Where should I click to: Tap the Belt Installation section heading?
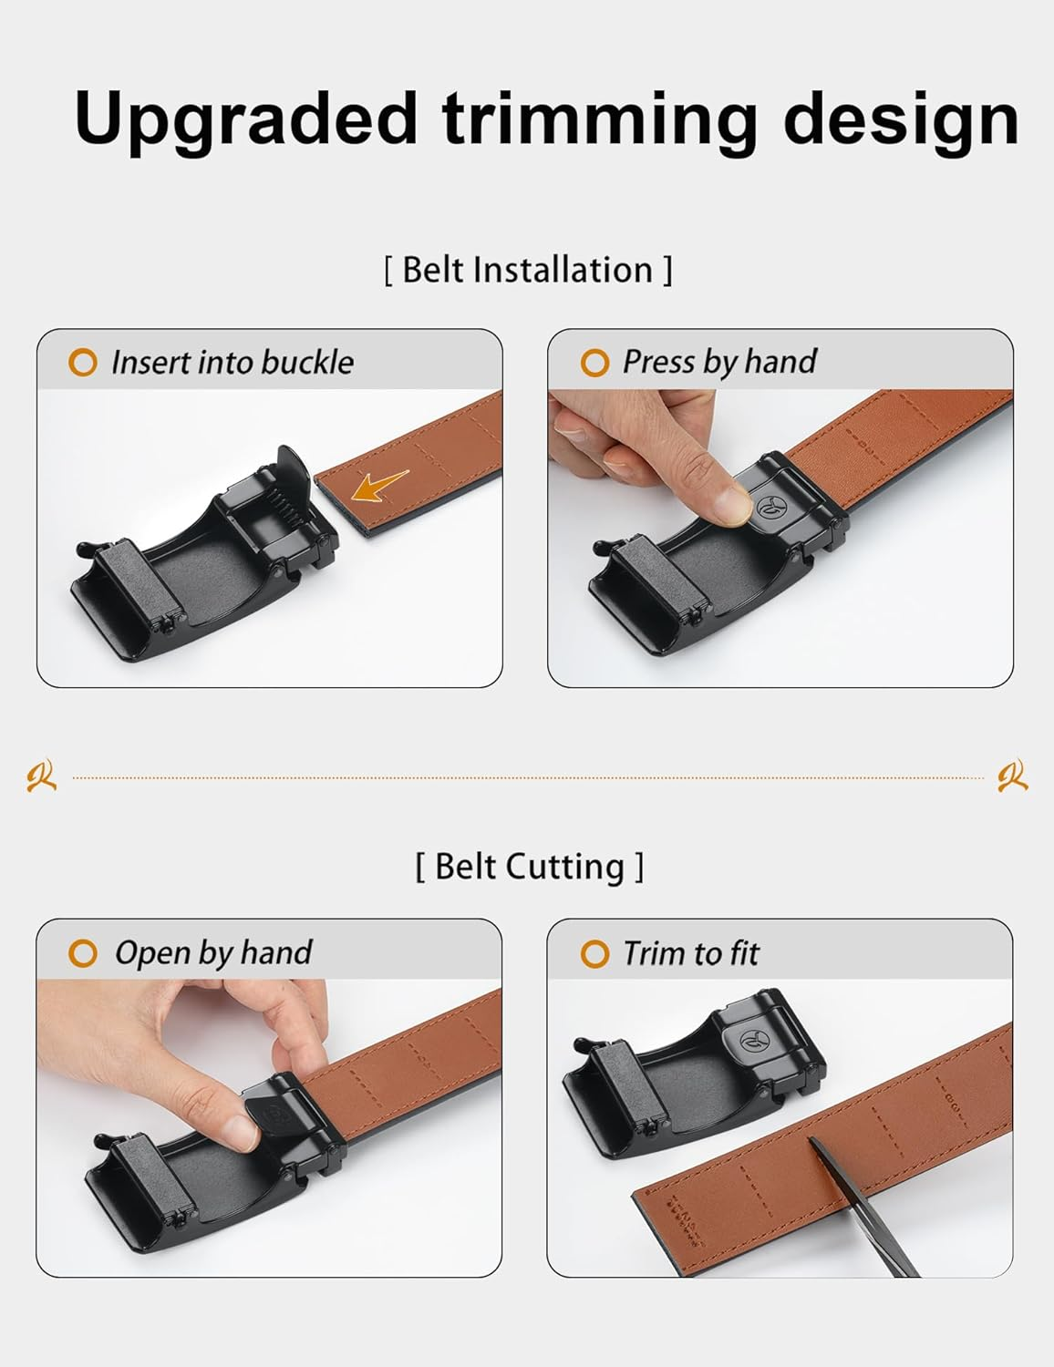(527, 271)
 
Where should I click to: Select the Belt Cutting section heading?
(529, 866)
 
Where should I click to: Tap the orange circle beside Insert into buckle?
(82, 363)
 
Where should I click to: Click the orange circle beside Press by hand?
(594, 363)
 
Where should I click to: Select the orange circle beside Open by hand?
(82, 954)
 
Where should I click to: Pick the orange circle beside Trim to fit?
(594, 954)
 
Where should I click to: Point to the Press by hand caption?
(718, 362)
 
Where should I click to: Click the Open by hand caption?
(212, 953)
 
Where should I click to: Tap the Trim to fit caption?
(690, 953)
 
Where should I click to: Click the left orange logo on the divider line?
(41, 776)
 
